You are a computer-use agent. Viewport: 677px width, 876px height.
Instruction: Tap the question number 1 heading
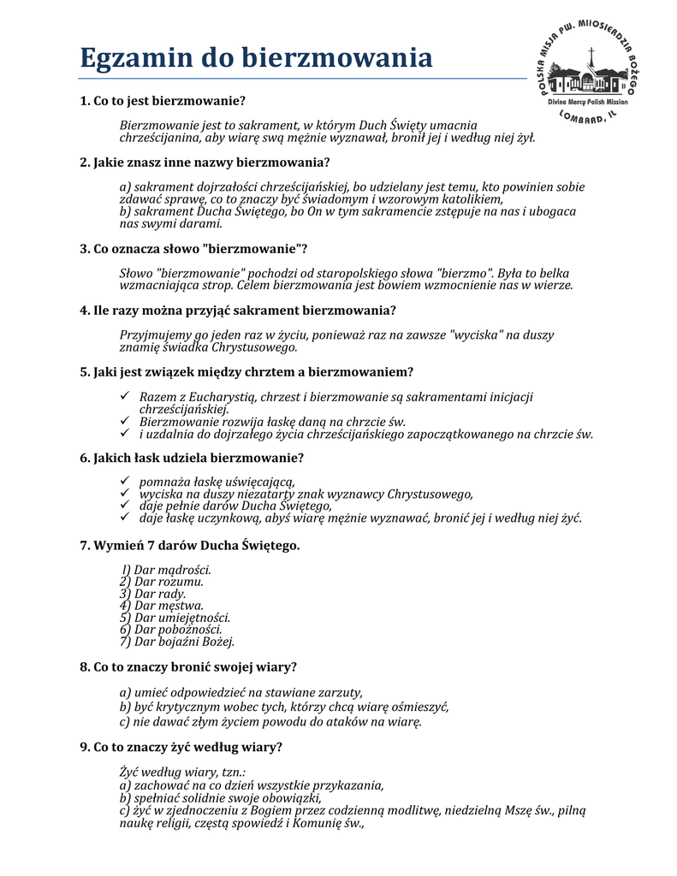[x=163, y=101]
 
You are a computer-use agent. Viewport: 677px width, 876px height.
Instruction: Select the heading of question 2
[x=205, y=162]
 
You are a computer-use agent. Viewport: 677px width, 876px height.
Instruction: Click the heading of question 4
[x=237, y=310]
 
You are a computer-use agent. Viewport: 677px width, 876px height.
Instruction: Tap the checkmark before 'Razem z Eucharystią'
[x=125, y=397]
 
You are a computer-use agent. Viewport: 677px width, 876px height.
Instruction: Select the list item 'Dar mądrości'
[x=166, y=569]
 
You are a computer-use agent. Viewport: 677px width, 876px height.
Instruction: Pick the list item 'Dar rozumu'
[x=162, y=581]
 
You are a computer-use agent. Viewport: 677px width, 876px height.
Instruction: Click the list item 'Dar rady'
[x=153, y=593]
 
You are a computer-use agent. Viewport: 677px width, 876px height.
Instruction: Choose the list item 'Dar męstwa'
[x=162, y=605]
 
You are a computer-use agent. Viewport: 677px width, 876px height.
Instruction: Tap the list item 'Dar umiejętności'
[x=175, y=617]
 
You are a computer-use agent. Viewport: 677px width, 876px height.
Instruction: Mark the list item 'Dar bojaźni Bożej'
[x=177, y=642]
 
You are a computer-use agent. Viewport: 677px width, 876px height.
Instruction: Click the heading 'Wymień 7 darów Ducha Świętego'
[x=189, y=544]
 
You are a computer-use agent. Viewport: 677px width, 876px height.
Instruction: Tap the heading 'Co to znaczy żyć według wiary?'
[x=181, y=747]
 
